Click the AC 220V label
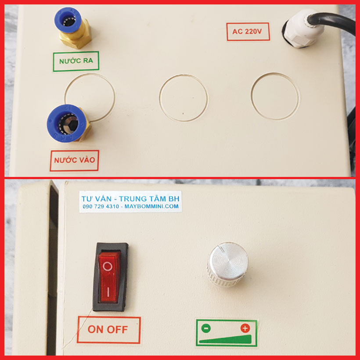coord(248,32)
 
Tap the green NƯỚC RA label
coord(76,61)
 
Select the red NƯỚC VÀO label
coord(74,161)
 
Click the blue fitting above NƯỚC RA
coord(68,20)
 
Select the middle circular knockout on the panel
coord(184,97)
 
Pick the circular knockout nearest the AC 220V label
coord(275,96)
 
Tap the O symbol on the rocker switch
coord(108,266)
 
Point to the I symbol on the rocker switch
coord(108,291)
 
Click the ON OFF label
coord(108,329)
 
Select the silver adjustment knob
coord(228,264)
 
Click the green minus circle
coord(206,328)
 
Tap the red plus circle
coord(245,328)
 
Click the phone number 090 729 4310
coord(101,206)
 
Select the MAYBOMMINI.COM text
coord(151,206)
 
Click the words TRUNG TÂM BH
coord(149,198)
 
